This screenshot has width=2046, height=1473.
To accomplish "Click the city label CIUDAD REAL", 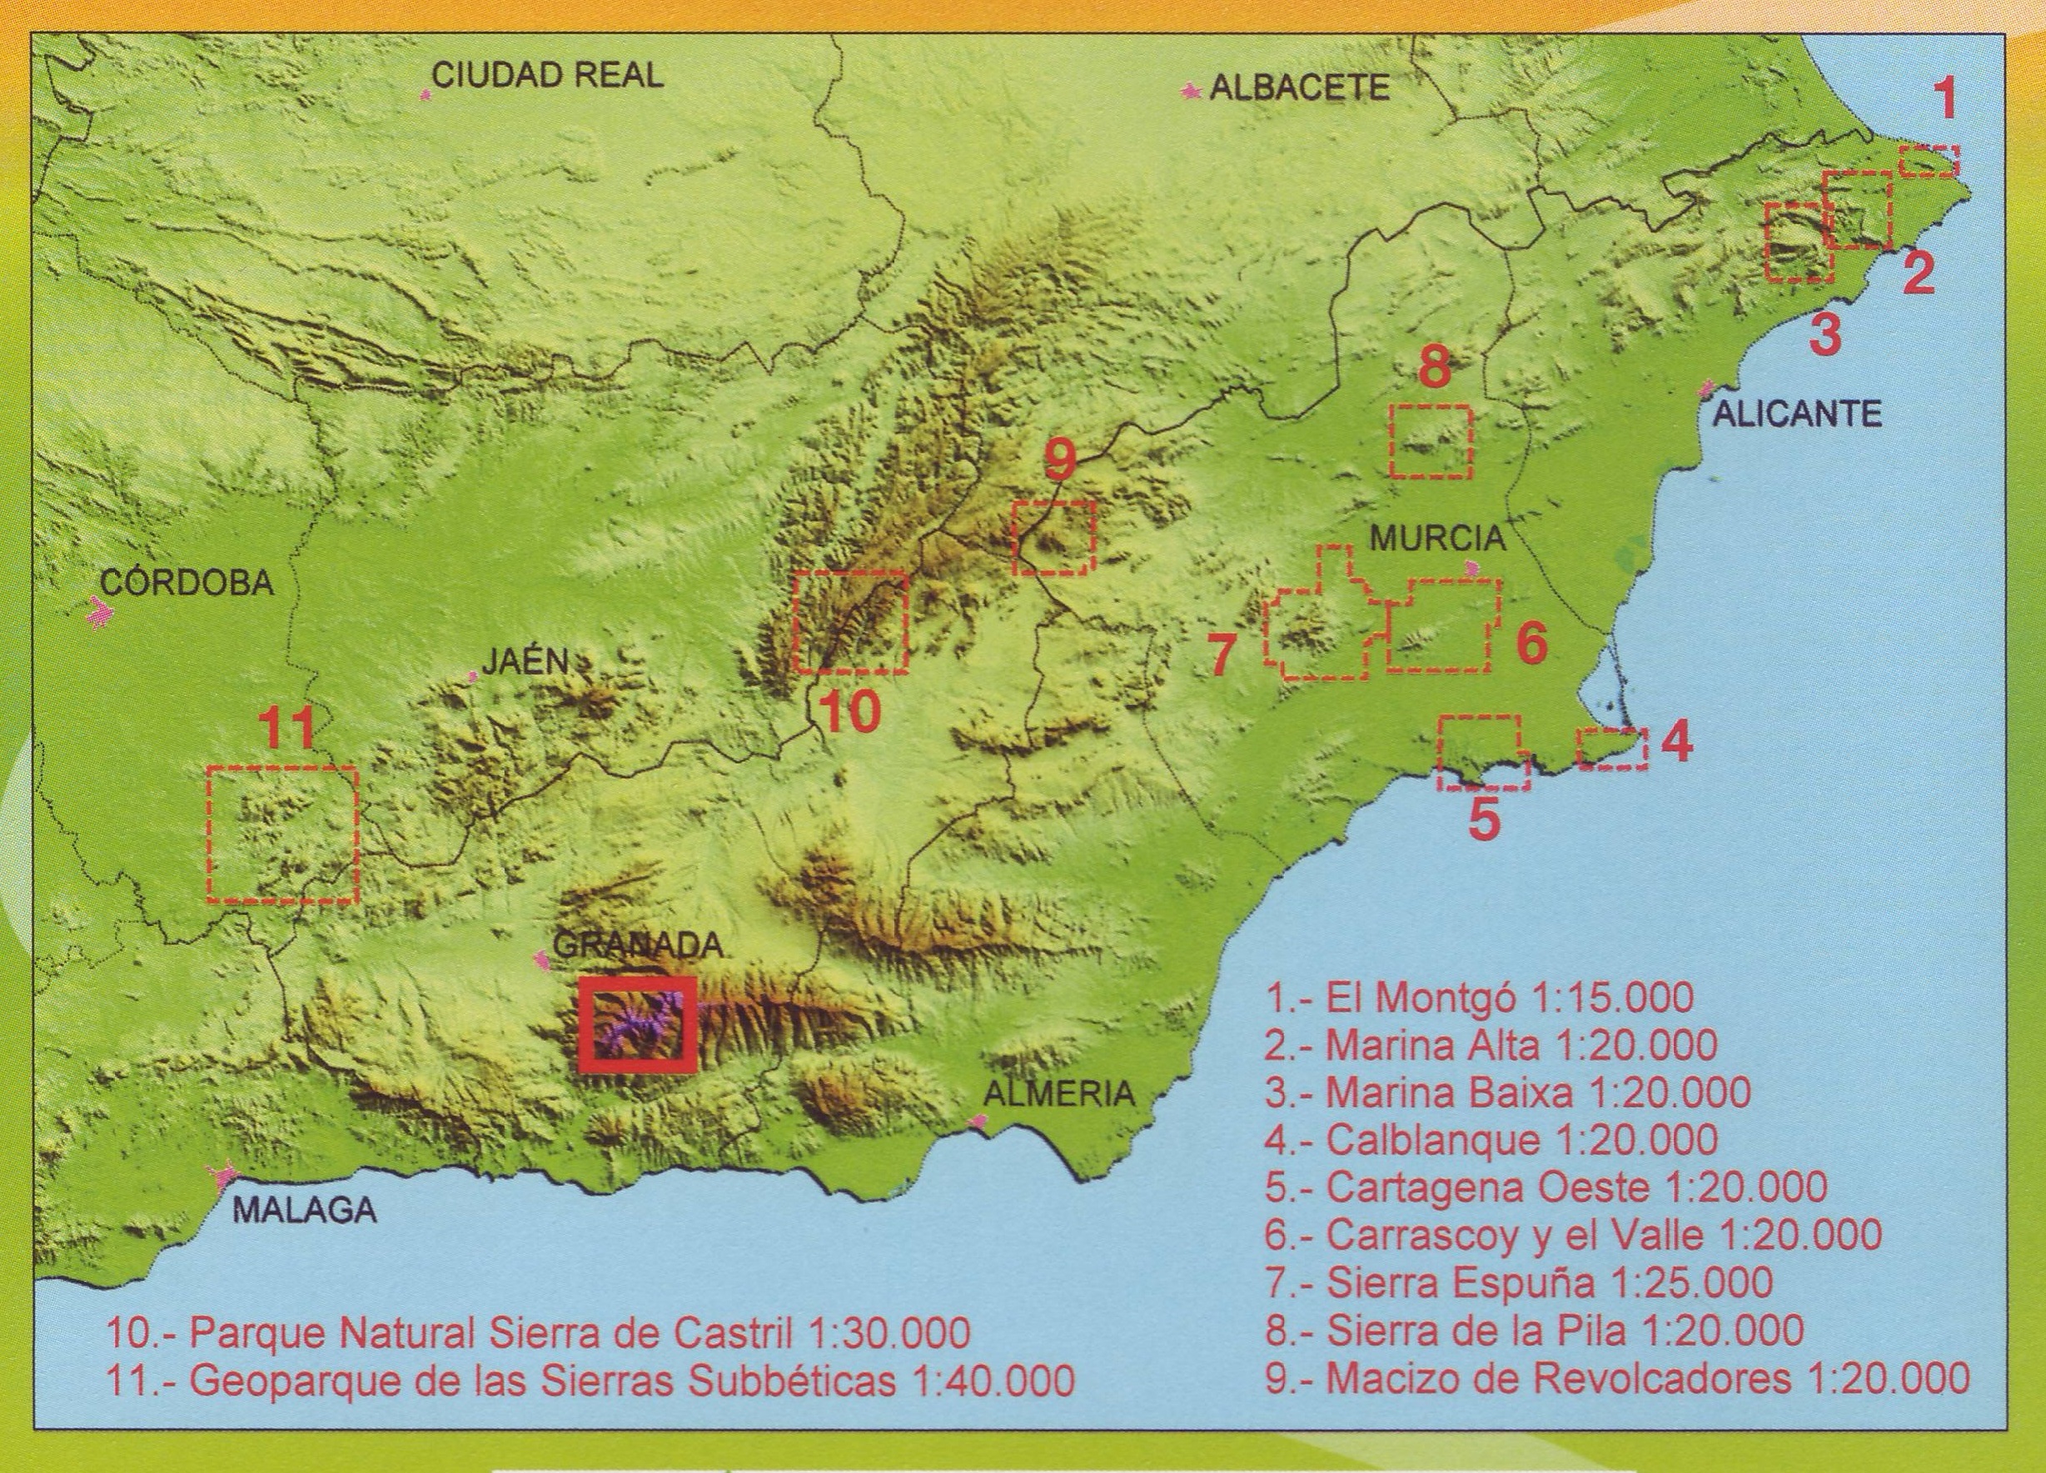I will [548, 75].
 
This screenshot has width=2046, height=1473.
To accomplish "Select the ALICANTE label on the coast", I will [1796, 415].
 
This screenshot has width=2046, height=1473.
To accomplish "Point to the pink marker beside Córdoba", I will [98, 614].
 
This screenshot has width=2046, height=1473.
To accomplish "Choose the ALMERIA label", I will [1058, 1094].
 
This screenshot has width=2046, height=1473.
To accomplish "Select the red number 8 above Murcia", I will [1433, 367].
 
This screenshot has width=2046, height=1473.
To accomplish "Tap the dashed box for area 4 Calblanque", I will [1612, 749].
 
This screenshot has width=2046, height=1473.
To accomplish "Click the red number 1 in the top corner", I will [1946, 99].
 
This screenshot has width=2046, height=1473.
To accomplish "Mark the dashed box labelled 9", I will [1053, 538].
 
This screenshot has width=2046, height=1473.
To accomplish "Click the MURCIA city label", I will [1438, 540].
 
